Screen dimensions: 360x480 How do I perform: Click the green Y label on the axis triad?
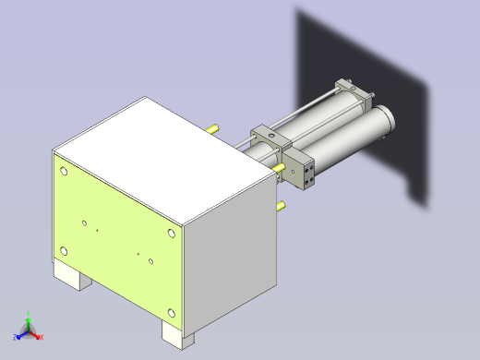click(30, 312)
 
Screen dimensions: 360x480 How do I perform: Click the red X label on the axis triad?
click(42, 337)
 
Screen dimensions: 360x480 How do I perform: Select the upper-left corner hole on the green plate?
click(63, 171)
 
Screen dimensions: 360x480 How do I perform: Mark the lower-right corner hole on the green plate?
click(171, 313)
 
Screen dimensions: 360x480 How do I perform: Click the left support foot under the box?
click(71, 276)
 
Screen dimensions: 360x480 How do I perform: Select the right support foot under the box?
click(179, 333)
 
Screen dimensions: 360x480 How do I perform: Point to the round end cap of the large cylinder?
click(383, 119)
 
